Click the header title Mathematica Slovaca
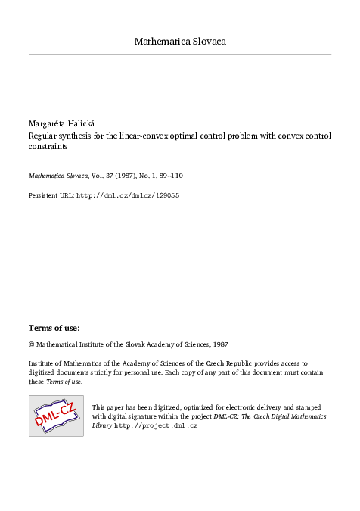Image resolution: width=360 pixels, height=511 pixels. coord(180,42)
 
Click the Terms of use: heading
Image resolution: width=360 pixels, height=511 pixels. coord(54,328)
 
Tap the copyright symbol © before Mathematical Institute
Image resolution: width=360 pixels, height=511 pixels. coord(32,344)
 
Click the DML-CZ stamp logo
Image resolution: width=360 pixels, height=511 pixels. coord(56,415)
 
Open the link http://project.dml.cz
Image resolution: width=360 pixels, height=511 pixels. coord(156,426)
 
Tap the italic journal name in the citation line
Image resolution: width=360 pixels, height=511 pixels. coord(57,175)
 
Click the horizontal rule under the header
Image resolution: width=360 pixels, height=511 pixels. coord(180,55)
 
